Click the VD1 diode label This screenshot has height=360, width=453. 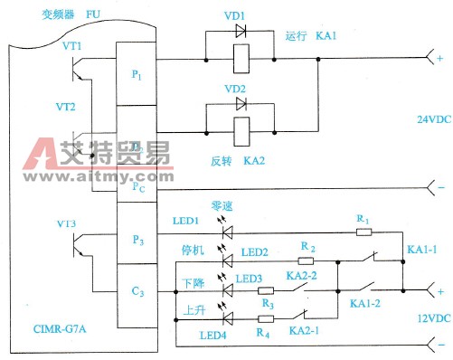click(241, 18)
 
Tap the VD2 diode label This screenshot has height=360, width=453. click(241, 89)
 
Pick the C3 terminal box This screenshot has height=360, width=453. click(137, 292)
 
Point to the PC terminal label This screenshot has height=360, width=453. click(137, 188)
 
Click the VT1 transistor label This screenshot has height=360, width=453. click(72, 45)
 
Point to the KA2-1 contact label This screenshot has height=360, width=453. click(307, 332)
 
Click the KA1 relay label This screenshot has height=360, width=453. click(324, 37)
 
